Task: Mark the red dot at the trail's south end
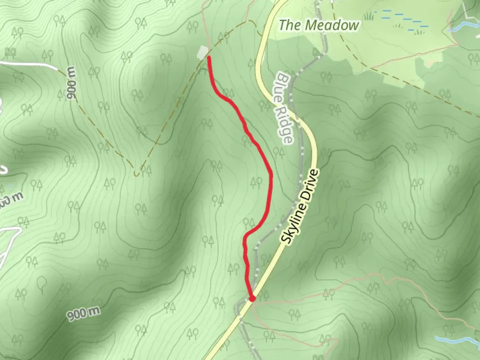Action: click(252, 299)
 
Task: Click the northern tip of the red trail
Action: click(209, 58)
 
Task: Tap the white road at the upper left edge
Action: click(30, 64)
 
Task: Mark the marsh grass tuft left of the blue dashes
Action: click(369, 16)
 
